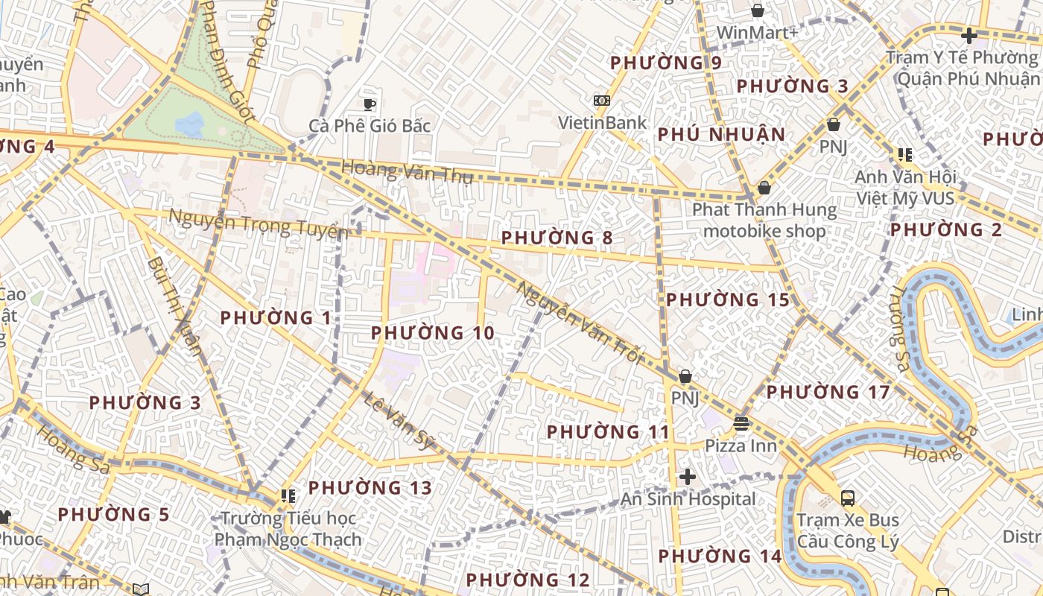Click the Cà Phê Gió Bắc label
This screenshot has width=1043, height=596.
(x=370, y=125)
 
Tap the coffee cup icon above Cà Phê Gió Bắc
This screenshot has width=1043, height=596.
(x=369, y=104)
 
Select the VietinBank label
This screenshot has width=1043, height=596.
(x=603, y=122)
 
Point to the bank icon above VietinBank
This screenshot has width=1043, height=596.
(x=601, y=101)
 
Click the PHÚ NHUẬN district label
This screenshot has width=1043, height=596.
(x=721, y=135)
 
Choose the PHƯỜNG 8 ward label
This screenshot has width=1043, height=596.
(x=557, y=238)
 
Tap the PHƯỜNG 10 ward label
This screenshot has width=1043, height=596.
(x=432, y=333)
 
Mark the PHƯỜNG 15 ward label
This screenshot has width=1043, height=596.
(x=727, y=300)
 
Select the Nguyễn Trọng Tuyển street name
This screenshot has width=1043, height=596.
(x=258, y=223)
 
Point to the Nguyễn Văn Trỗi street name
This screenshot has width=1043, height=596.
(x=579, y=321)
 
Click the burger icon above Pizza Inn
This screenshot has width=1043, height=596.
(x=741, y=425)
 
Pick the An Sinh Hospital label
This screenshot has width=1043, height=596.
(x=688, y=499)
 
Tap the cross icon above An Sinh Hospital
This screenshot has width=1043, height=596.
(x=687, y=477)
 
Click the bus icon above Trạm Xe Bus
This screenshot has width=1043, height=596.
(x=847, y=498)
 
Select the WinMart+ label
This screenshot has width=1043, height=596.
(x=757, y=33)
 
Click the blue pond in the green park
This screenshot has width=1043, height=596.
(x=190, y=123)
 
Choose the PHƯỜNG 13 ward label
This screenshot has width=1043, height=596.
(x=370, y=488)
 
